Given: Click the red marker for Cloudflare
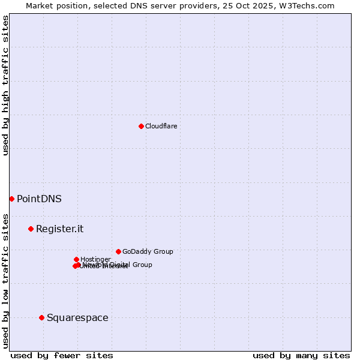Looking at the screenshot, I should (x=141, y=126).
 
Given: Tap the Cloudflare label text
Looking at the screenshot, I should (x=161, y=126).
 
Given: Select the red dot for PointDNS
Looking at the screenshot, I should (x=11, y=199).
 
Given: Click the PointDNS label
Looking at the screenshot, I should (x=39, y=199).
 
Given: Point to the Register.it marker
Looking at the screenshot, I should (x=31, y=229).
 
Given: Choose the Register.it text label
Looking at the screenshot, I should (x=59, y=229).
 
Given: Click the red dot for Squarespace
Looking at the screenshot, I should (x=41, y=317).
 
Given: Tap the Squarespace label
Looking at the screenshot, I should (x=77, y=317).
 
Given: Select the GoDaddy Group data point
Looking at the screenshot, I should (x=118, y=251).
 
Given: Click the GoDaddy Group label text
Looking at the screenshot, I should (x=148, y=251).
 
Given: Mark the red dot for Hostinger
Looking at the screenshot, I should (x=76, y=259).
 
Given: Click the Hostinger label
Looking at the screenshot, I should (x=95, y=259).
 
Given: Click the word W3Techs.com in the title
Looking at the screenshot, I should (x=309, y=5).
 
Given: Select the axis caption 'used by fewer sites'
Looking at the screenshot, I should (x=62, y=355).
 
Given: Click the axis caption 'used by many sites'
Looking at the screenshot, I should (x=301, y=355).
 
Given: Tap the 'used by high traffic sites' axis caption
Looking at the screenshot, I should (x=5, y=85).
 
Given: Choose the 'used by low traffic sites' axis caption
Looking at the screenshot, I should (x=5, y=281).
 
